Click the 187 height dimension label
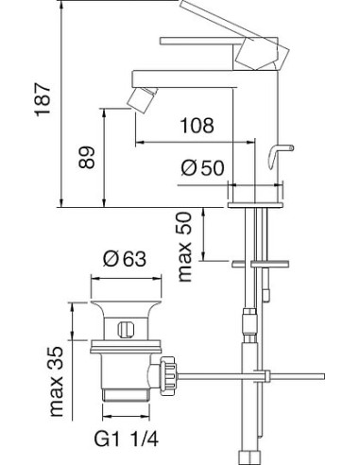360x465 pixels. [43, 100]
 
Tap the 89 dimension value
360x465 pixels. [87, 157]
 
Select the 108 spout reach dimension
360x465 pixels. [197, 125]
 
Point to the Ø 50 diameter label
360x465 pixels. [203, 167]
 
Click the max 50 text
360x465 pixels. [185, 247]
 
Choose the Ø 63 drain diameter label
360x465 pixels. [125, 259]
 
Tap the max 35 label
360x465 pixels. [57, 382]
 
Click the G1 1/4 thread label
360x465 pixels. [127, 439]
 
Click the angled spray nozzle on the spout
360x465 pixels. [142, 100]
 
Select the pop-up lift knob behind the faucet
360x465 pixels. [281, 156]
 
